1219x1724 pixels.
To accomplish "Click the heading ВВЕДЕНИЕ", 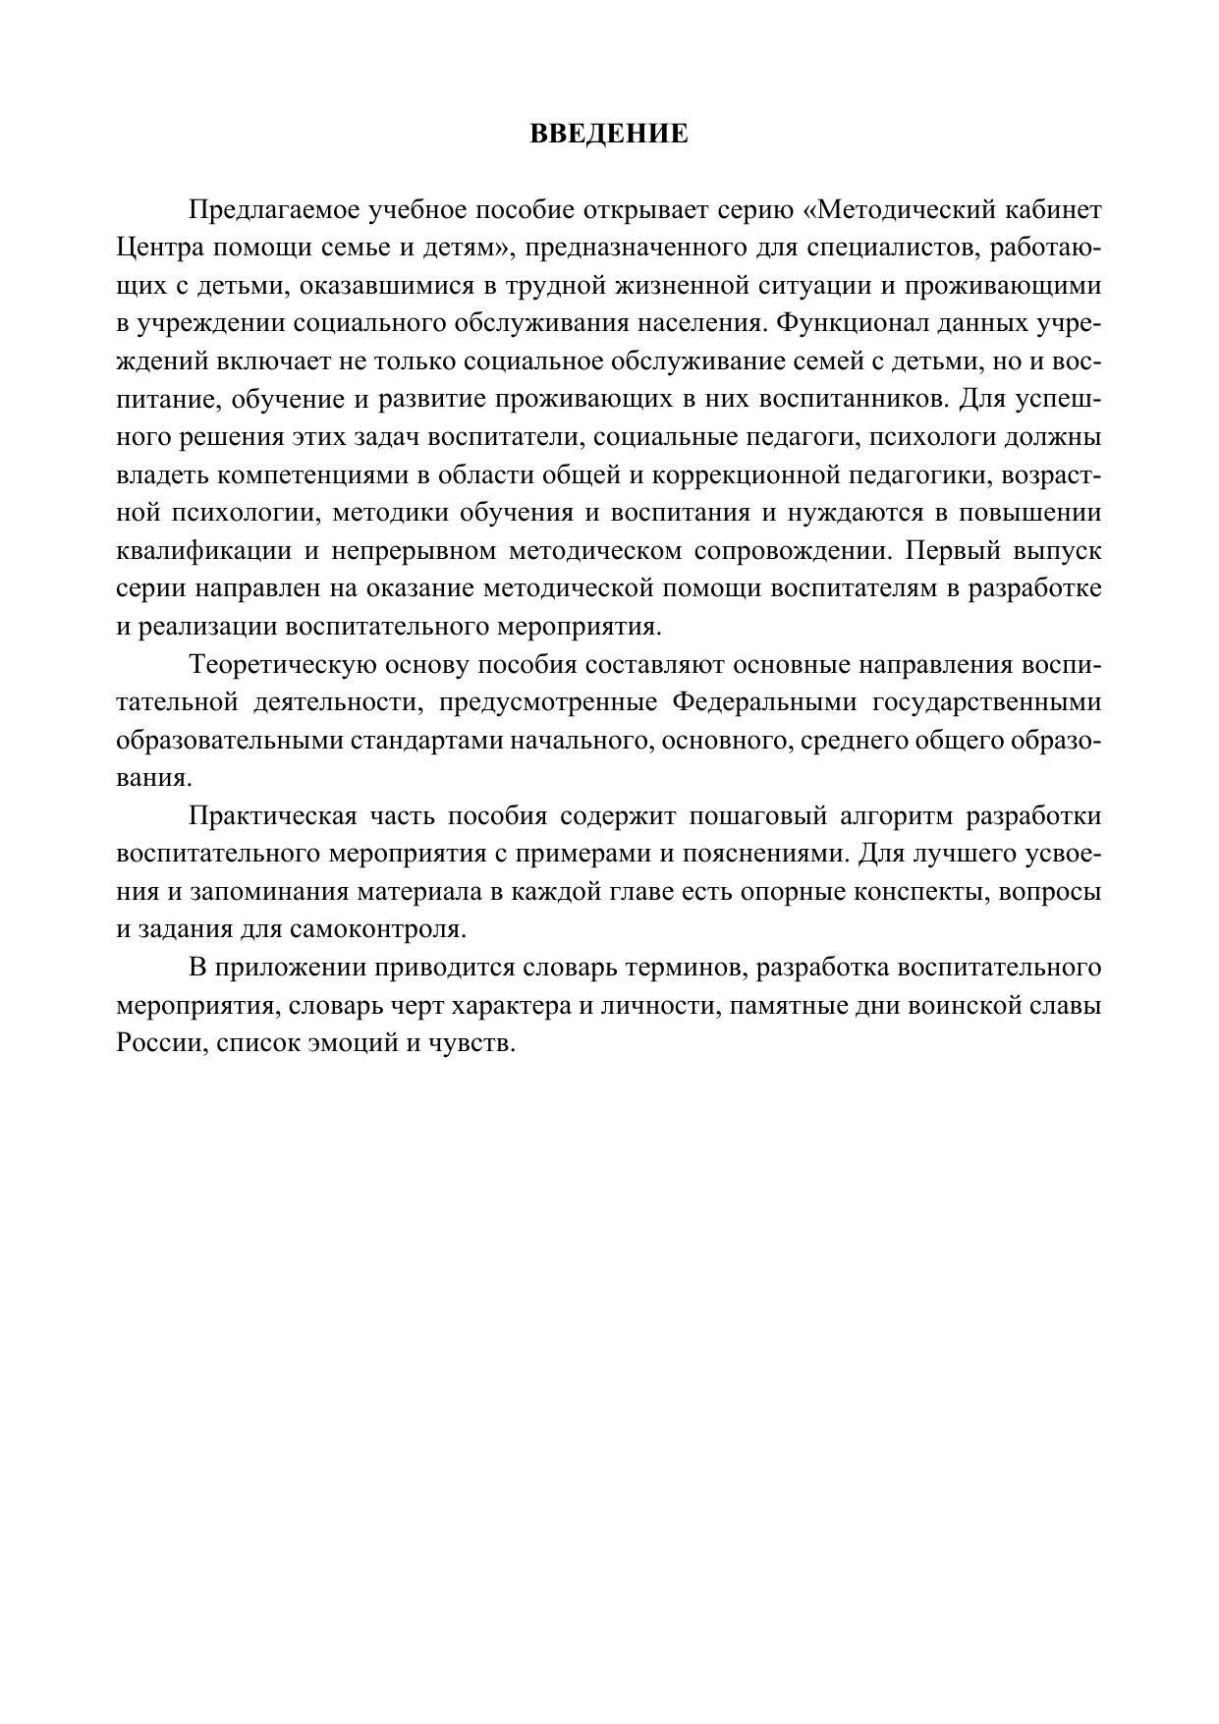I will tap(609, 134).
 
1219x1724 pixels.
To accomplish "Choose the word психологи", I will tap(937, 437).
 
